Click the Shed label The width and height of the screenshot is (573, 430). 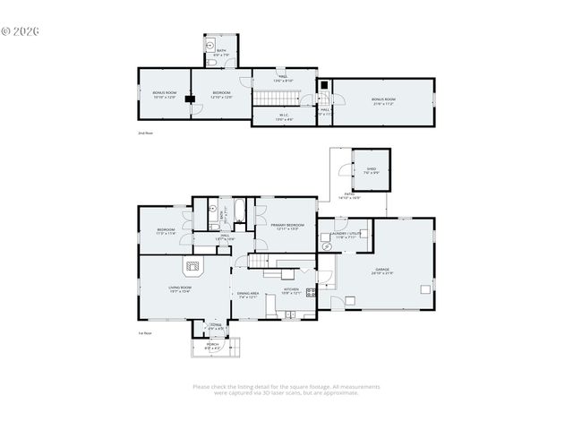click(371, 168)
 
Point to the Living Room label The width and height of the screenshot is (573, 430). click(180, 288)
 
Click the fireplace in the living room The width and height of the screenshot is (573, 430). click(192, 265)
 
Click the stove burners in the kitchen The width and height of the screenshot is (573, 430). click(311, 291)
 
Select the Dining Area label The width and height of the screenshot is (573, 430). click(247, 295)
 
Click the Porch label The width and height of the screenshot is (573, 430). click(212, 343)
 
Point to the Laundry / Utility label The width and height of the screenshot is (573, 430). click(346, 234)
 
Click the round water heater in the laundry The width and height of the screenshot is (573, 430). click(328, 246)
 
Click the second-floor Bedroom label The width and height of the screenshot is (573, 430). click(221, 94)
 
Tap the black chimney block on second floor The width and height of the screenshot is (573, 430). click(189, 99)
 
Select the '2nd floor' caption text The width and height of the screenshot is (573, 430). click(145, 133)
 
